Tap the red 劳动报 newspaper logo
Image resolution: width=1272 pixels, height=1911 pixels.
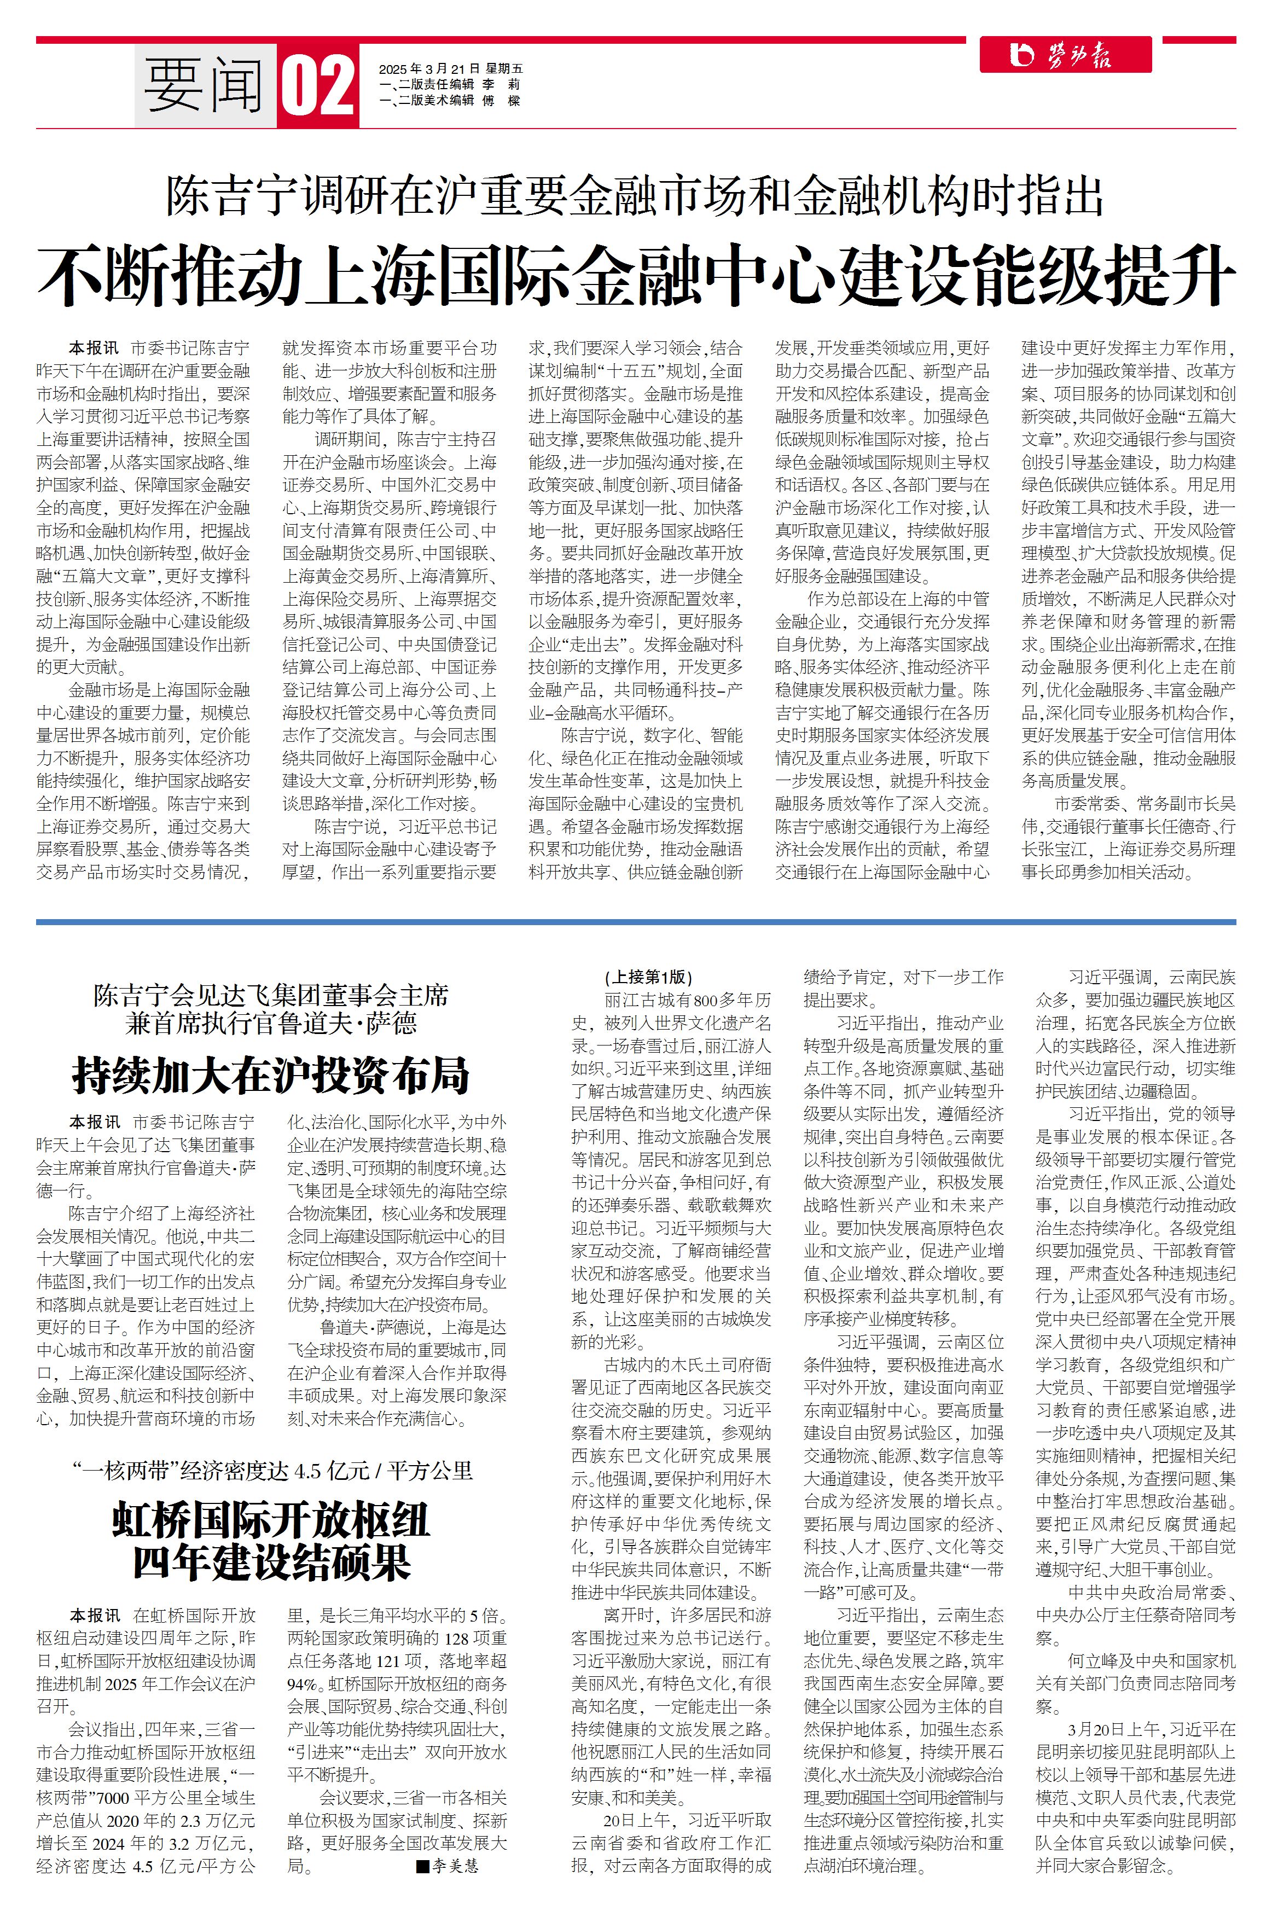click(1065, 55)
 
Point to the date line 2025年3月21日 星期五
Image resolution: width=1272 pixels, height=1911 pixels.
click(450, 69)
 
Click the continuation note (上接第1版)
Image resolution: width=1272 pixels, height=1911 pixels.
click(648, 978)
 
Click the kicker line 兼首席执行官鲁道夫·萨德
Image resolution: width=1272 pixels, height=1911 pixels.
click(271, 1024)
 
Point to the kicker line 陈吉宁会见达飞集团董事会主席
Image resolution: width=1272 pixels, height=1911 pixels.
click(271, 995)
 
